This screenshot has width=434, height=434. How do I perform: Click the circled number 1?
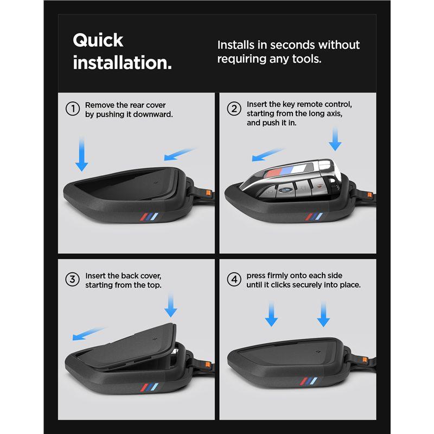(x=73, y=108)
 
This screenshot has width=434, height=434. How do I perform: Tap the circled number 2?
(x=234, y=108)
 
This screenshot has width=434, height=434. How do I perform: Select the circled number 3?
(x=73, y=279)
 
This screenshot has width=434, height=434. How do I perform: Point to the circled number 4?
(x=234, y=279)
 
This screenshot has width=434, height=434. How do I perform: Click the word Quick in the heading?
(x=98, y=40)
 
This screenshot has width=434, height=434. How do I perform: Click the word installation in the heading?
(x=120, y=62)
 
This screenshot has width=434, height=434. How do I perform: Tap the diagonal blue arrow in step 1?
(x=180, y=155)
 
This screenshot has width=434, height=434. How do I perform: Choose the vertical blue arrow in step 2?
(x=335, y=139)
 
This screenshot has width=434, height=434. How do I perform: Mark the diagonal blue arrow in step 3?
(x=89, y=334)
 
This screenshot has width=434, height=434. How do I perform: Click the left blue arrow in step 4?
(x=271, y=314)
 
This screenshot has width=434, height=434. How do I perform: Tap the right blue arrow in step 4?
(x=323, y=314)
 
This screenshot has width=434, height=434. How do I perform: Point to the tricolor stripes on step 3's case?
(x=149, y=387)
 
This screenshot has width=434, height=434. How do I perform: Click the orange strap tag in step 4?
(x=365, y=360)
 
